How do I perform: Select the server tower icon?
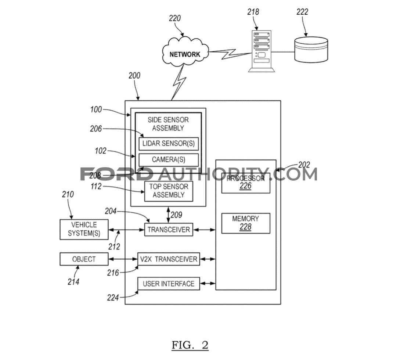tap(262, 51)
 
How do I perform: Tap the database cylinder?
tap(311, 49)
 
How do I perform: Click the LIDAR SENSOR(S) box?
tap(169, 144)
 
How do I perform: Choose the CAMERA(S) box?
tap(169, 160)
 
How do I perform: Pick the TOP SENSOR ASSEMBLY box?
tap(169, 191)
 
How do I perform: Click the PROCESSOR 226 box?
tap(246, 183)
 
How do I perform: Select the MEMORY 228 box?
tap(246, 223)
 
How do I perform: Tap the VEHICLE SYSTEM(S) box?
tap(84, 229)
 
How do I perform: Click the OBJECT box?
tap(84, 259)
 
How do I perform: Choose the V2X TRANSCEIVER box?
tap(169, 259)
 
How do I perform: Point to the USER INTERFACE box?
tap(169, 284)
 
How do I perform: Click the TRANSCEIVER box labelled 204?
tap(169, 229)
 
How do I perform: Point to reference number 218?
tap(253, 12)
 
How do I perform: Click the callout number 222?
tap(302, 12)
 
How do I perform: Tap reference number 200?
tap(134, 75)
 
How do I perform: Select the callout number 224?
tap(113, 298)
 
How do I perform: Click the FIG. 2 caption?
tap(190, 345)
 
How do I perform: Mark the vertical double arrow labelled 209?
tap(169, 215)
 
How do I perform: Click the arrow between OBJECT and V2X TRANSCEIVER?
tap(123, 259)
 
